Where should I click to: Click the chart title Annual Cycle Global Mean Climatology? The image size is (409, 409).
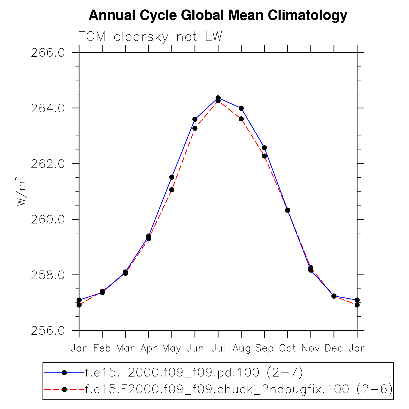[218, 15]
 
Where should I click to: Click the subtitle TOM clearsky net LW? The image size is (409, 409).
[150, 37]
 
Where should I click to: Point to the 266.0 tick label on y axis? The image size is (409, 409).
[48, 53]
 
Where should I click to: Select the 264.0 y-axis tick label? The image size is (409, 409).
[48, 108]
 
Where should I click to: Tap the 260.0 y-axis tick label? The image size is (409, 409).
[48, 219]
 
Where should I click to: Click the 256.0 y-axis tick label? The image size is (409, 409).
[48, 330]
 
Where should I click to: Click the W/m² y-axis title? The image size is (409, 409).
[21, 191]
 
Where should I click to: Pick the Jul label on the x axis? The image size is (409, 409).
[218, 348]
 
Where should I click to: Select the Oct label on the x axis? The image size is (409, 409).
[287, 348]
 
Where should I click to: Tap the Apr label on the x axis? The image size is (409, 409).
[149, 348]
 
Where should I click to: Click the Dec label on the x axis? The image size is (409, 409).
[334, 348]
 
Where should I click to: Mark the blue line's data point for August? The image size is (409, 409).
[241, 108]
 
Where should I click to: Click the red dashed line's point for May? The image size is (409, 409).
[172, 190]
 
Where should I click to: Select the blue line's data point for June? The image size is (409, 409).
[195, 119]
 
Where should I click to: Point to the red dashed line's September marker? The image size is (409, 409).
[264, 156]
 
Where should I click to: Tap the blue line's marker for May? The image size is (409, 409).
[172, 177]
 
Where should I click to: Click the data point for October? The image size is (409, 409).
[288, 210]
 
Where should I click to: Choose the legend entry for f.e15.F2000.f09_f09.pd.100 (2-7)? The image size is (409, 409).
[194, 372]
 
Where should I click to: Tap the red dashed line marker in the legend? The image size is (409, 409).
[64, 389]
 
